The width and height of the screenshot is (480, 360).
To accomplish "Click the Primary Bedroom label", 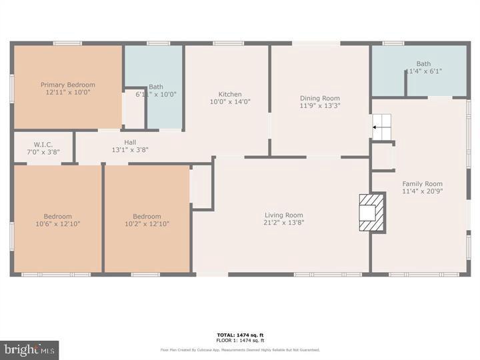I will point(67,85).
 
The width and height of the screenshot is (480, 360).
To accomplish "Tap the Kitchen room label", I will point(230,94).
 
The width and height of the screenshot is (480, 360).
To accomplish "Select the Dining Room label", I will point(319,98).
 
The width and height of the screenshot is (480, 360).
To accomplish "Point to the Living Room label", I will point(284,215).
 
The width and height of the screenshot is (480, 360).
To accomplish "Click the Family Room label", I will point(422,183).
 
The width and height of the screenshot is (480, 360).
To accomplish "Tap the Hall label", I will point(129,142).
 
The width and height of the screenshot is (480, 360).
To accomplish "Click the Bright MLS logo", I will point(29,350).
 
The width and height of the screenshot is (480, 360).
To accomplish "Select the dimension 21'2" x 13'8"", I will point(284,223).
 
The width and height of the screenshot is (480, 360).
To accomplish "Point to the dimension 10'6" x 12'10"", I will point(57,224).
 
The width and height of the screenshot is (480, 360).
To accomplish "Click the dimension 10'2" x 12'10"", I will point(146,224).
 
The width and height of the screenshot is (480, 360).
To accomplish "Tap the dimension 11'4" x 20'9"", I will point(422,191).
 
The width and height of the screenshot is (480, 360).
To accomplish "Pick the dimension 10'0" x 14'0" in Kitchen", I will point(230,102).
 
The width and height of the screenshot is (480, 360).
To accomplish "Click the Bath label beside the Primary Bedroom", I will point(156,87).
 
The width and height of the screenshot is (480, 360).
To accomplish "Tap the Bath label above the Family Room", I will point(423,64).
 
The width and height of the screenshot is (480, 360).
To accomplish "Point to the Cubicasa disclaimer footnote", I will point(239,349).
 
